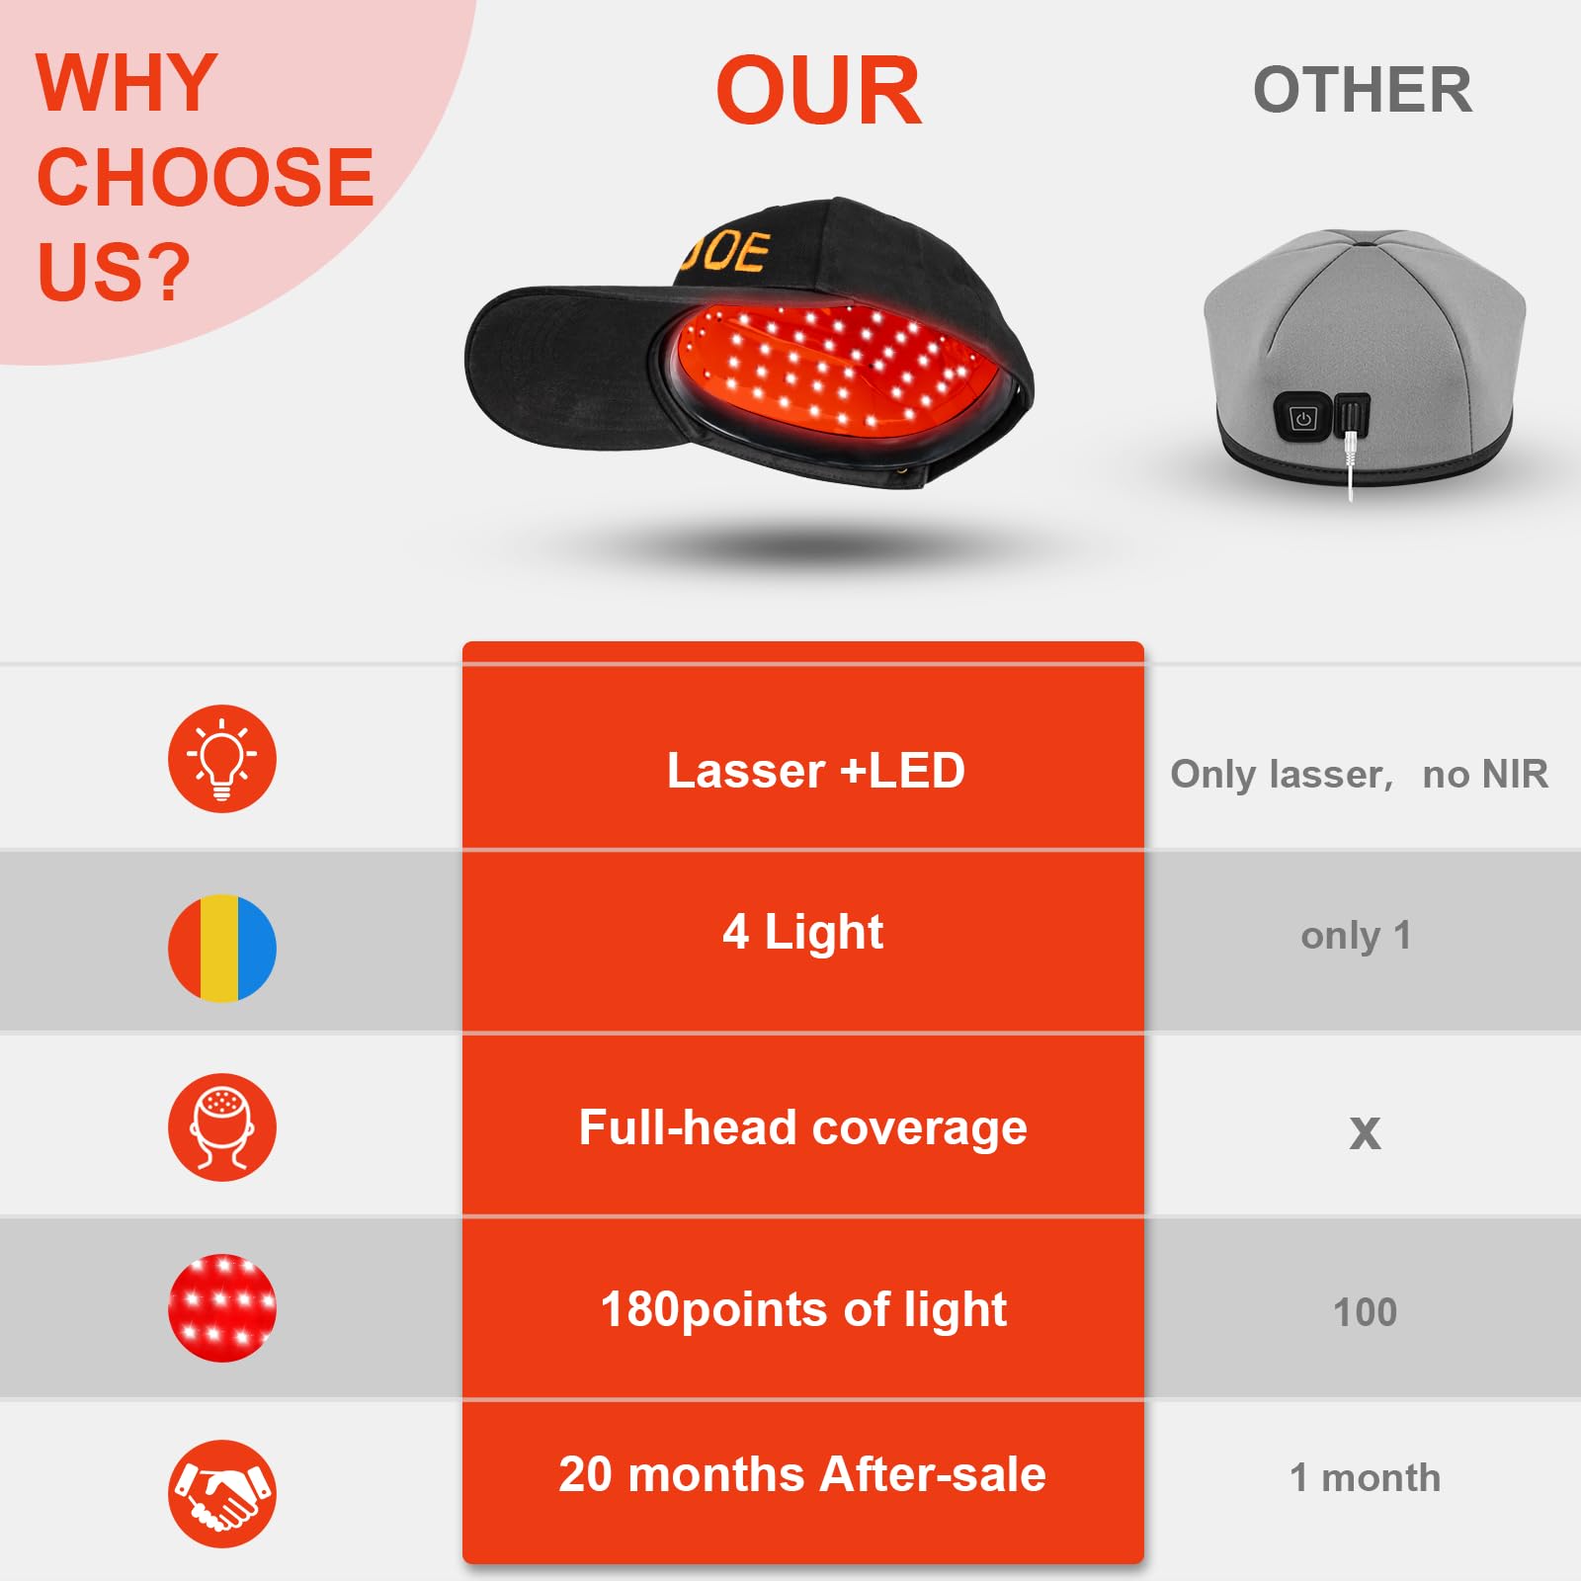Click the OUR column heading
pos(818,92)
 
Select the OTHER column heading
pos(1363,90)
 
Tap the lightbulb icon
pos(222,759)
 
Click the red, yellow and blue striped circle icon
pos(222,948)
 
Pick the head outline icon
pos(222,1127)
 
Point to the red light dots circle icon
pos(222,1308)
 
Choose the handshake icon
pos(222,1493)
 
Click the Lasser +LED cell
pos(815,771)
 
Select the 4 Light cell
pos(802,932)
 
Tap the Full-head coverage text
pos(802,1127)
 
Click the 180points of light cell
pos(802,1309)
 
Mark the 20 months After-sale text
pos(802,1474)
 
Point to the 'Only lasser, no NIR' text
pos(1359,774)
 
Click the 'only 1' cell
pos(1356,935)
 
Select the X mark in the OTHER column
pos(1365,1132)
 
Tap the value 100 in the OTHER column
pos(1365,1312)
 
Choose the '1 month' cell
pos(1365,1477)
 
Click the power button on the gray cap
pos(1303,419)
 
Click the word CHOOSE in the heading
pos(206,178)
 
